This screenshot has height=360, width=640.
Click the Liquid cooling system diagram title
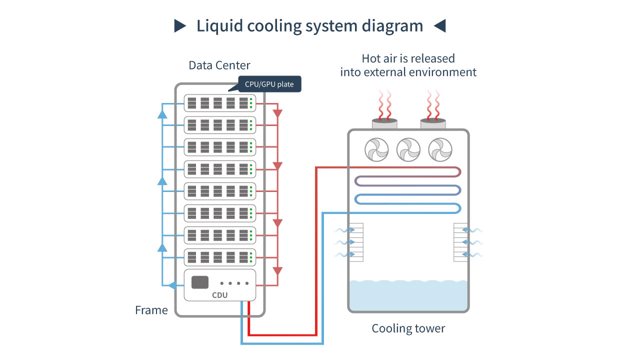309,25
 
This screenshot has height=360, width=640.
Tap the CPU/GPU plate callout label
269,84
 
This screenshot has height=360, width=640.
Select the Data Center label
219,65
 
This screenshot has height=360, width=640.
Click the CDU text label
219,295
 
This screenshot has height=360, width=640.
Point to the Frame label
151,310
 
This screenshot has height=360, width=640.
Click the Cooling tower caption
408,328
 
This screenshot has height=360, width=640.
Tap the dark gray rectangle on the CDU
200,282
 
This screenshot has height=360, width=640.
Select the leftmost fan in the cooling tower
376,149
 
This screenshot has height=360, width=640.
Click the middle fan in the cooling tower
408,149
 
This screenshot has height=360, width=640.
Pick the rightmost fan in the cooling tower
440,149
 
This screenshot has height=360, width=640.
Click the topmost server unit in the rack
220,103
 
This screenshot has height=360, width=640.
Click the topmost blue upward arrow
162,114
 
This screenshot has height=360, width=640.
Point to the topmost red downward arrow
278,113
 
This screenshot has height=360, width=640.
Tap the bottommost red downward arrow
278,271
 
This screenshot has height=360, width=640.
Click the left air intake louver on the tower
355,242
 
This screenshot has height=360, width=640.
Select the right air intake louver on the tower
460,242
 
